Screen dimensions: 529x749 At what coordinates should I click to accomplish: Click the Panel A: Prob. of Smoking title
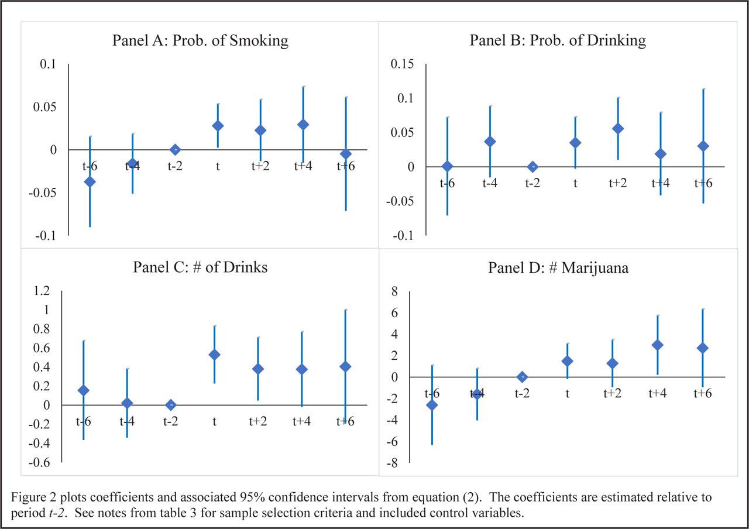(x=201, y=40)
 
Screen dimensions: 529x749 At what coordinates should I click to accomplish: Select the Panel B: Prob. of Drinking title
(x=558, y=40)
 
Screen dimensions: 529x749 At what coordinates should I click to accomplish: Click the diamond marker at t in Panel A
(x=218, y=126)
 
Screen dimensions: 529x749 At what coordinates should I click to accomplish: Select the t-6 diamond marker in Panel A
(x=90, y=181)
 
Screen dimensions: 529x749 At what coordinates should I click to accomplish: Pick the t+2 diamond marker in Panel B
(x=618, y=129)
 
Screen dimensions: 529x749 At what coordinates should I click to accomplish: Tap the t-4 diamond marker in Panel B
(x=490, y=142)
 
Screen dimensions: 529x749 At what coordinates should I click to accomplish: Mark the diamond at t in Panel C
(x=214, y=355)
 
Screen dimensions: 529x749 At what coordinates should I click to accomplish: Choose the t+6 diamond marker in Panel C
(x=345, y=367)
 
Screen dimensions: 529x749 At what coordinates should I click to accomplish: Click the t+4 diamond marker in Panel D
(x=657, y=345)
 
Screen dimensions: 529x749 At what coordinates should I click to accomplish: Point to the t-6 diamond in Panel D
(x=432, y=405)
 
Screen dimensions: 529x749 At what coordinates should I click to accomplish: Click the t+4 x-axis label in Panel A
(x=303, y=166)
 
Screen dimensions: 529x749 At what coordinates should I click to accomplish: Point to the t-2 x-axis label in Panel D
(x=523, y=393)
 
